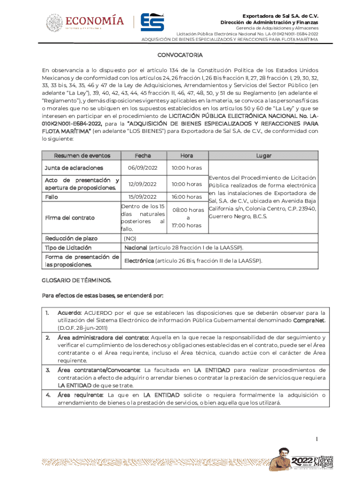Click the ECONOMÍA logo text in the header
(x=95, y=21)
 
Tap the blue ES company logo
(x=152, y=22)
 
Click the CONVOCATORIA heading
(x=180, y=55)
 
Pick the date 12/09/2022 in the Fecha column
(x=143, y=184)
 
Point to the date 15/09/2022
(x=143, y=197)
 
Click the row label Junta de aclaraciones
(x=73, y=168)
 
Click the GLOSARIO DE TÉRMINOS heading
(x=77, y=280)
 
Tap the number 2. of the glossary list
(x=48, y=337)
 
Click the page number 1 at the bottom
(x=317, y=439)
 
